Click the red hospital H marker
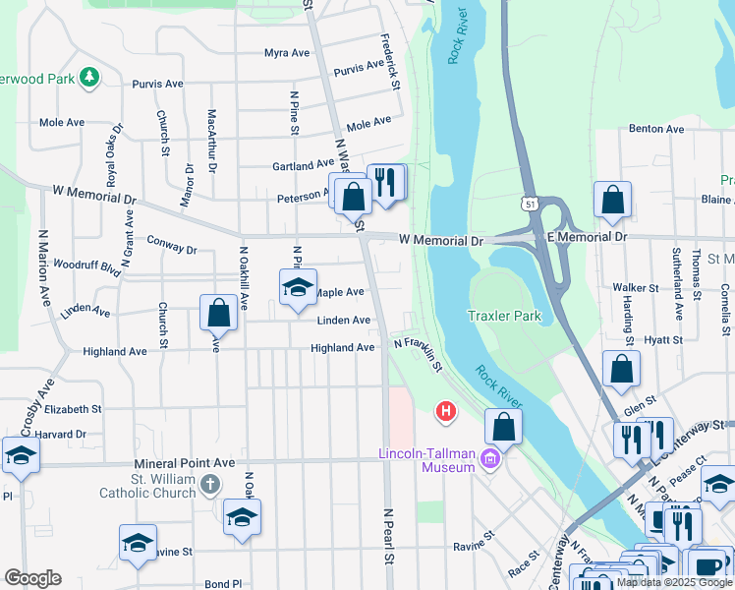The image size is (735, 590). [x=446, y=410]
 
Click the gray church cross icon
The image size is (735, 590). [x=209, y=484]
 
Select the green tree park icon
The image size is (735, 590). [x=89, y=77]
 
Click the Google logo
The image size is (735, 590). [x=32, y=578]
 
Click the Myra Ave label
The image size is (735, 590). [x=287, y=53]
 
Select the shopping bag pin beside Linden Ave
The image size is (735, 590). [x=218, y=313]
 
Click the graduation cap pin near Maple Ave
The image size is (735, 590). [x=297, y=288]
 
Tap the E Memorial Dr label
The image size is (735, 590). [x=587, y=237]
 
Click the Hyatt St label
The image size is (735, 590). [x=662, y=339]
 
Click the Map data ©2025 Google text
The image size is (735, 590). [x=673, y=582]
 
